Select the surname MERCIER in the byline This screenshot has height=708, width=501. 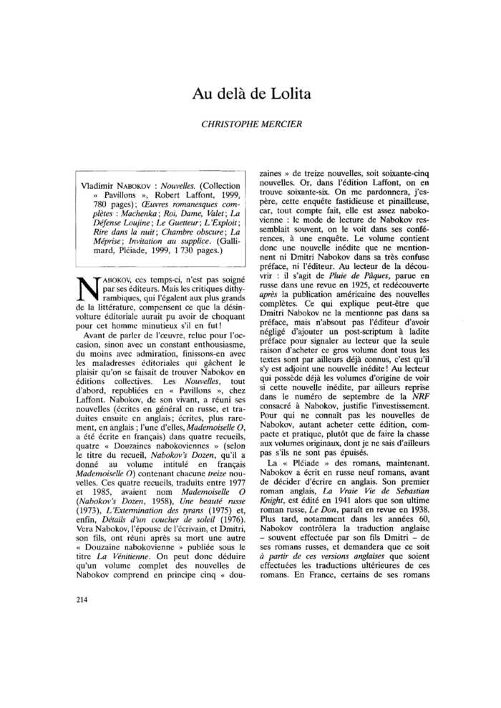click(281, 124)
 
